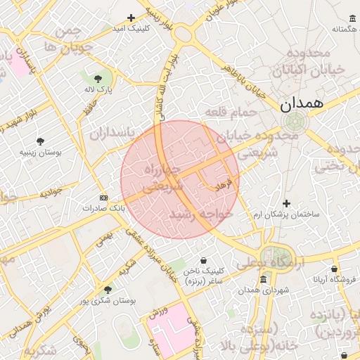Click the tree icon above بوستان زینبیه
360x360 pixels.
coord(40,141)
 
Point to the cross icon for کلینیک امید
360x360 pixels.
coord(131,18)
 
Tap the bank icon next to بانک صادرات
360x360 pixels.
coord(104,198)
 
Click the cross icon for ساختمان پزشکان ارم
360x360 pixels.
coord(286,203)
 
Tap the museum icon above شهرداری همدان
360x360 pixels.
coord(263,280)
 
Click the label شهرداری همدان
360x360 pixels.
coord(263,290)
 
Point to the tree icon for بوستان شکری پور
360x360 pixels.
coord(108,290)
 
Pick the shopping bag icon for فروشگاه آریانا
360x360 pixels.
coord(334,269)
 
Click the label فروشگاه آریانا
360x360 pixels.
coord(334,279)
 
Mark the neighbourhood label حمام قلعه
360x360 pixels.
coord(226,111)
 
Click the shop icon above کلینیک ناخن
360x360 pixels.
coord(203,261)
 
